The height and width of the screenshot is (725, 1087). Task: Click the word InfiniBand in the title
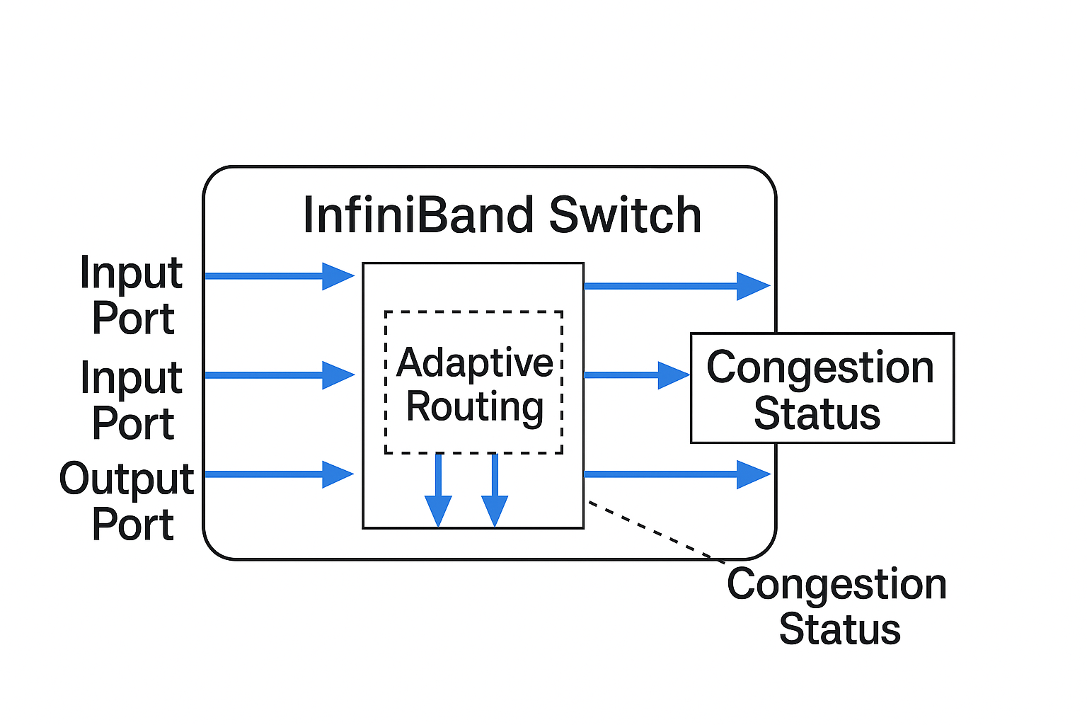tap(418, 215)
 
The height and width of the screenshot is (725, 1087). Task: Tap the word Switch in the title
tap(625, 215)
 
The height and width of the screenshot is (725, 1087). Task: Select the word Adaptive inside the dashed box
tap(475, 362)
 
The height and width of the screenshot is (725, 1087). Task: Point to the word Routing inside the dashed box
tap(475, 407)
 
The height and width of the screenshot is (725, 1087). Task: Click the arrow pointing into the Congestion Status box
tap(637, 375)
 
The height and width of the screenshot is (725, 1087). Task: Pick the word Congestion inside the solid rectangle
tap(820, 367)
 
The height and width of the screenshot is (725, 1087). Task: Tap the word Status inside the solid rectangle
tap(817, 413)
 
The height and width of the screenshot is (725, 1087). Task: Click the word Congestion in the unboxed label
tap(836, 584)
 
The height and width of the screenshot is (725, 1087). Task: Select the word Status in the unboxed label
tap(839, 629)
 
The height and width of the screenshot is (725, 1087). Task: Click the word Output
tap(127, 479)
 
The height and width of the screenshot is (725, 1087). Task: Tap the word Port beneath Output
tap(133, 524)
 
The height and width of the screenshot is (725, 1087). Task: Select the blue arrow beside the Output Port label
tap(280, 474)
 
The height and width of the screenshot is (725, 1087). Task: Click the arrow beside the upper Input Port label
tap(280, 276)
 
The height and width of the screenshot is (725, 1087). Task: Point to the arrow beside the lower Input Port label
tap(280, 375)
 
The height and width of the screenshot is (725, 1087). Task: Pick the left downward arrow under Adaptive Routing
tap(438, 490)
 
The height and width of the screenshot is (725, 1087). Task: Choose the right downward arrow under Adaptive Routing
tap(495, 490)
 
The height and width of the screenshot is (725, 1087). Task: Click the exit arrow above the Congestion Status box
tap(677, 286)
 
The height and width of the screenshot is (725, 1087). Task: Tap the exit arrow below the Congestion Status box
tap(677, 474)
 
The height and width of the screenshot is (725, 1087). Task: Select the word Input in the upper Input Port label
tap(131, 272)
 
